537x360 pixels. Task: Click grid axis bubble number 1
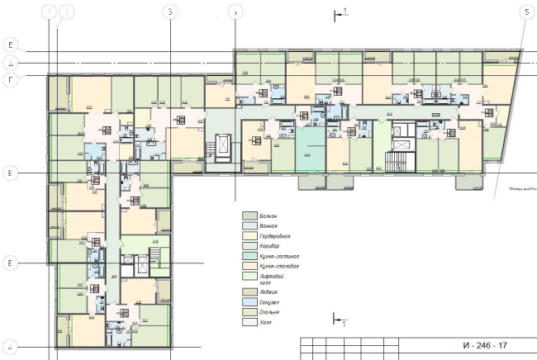(x=52, y=12)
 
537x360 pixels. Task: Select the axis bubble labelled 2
(x=67, y=12)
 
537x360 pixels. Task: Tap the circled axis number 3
(x=169, y=12)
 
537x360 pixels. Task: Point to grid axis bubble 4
(x=236, y=12)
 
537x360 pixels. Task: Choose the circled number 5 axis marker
(x=525, y=12)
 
